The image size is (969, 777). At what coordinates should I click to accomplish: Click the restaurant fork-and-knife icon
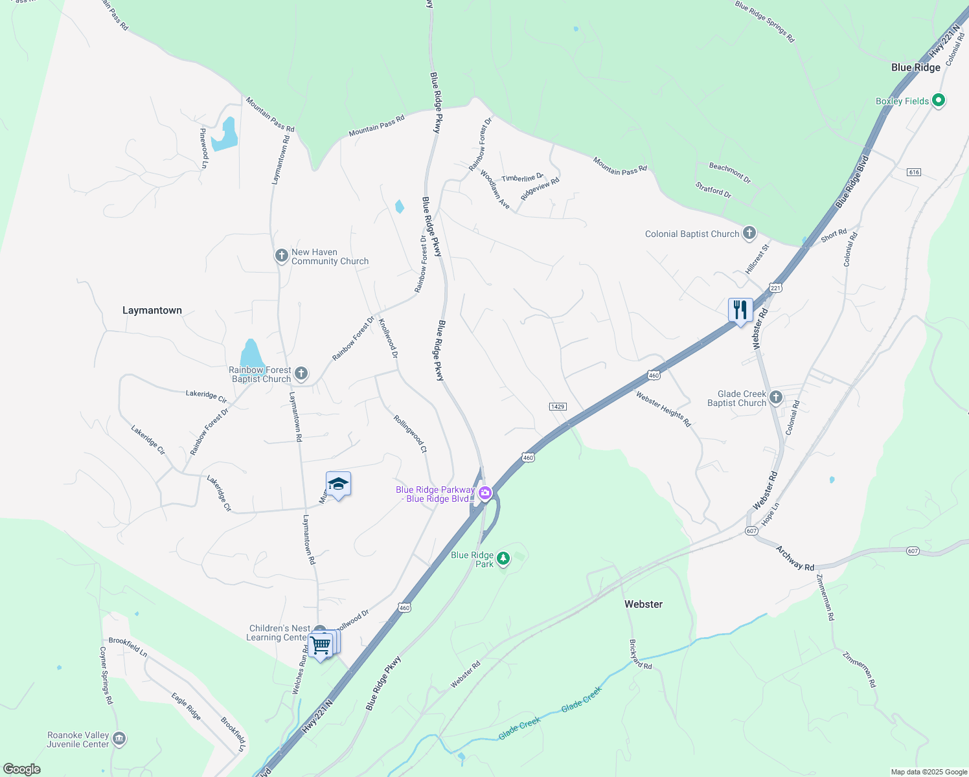point(740,310)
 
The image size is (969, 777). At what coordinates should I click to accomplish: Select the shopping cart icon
point(321,645)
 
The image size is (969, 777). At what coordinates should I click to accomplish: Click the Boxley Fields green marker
point(939,100)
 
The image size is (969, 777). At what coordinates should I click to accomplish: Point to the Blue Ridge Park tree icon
point(503,557)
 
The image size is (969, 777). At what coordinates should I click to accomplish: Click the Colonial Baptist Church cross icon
point(749,233)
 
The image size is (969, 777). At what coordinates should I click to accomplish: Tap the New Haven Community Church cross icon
point(282,256)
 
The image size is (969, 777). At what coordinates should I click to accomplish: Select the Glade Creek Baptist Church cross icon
point(776,398)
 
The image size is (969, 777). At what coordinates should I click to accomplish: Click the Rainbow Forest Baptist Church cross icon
point(301,373)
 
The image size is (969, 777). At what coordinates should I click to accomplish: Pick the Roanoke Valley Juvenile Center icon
point(119,739)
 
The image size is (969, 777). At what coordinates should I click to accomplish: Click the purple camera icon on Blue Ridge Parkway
point(485,494)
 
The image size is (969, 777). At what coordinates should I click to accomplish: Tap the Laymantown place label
point(152,310)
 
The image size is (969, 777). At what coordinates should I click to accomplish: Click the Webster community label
point(643,604)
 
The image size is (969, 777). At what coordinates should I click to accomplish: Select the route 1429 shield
point(557,407)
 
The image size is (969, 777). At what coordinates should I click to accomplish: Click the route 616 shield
point(914,172)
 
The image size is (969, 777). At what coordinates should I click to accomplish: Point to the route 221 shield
point(775,287)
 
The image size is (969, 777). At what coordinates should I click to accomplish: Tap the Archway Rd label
point(795,558)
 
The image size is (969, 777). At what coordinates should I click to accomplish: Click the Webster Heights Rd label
point(663,409)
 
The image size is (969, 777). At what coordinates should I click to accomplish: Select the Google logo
point(22,769)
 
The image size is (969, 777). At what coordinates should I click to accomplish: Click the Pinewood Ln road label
point(204,148)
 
